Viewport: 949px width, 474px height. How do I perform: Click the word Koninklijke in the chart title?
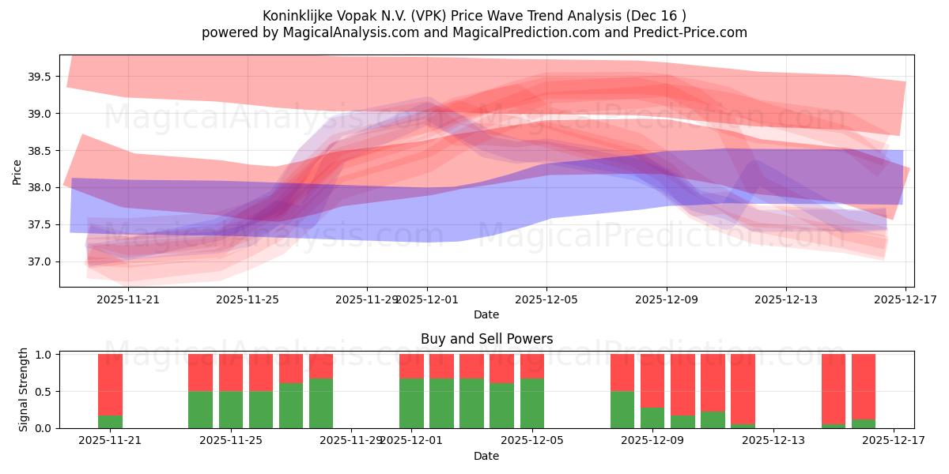(x=297, y=16)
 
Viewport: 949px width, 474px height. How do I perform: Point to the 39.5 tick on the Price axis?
(x=39, y=77)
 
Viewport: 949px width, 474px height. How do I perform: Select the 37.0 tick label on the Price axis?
(x=39, y=261)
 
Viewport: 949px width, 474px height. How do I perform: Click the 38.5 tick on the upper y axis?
(x=39, y=151)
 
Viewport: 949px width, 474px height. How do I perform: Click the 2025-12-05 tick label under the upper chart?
(x=546, y=299)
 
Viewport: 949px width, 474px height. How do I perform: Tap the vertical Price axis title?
(x=17, y=171)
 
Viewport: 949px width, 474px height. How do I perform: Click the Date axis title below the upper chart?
(x=486, y=314)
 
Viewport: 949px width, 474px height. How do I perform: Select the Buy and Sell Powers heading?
(x=486, y=339)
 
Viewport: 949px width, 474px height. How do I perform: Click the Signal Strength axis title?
(x=24, y=389)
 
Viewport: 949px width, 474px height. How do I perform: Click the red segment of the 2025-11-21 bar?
(x=110, y=383)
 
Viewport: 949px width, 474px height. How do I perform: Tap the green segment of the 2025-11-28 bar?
(x=321, y=403)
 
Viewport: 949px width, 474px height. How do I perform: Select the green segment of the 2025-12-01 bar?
(x=411, y=403)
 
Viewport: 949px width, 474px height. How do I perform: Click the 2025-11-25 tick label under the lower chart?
(x=231, y=441)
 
